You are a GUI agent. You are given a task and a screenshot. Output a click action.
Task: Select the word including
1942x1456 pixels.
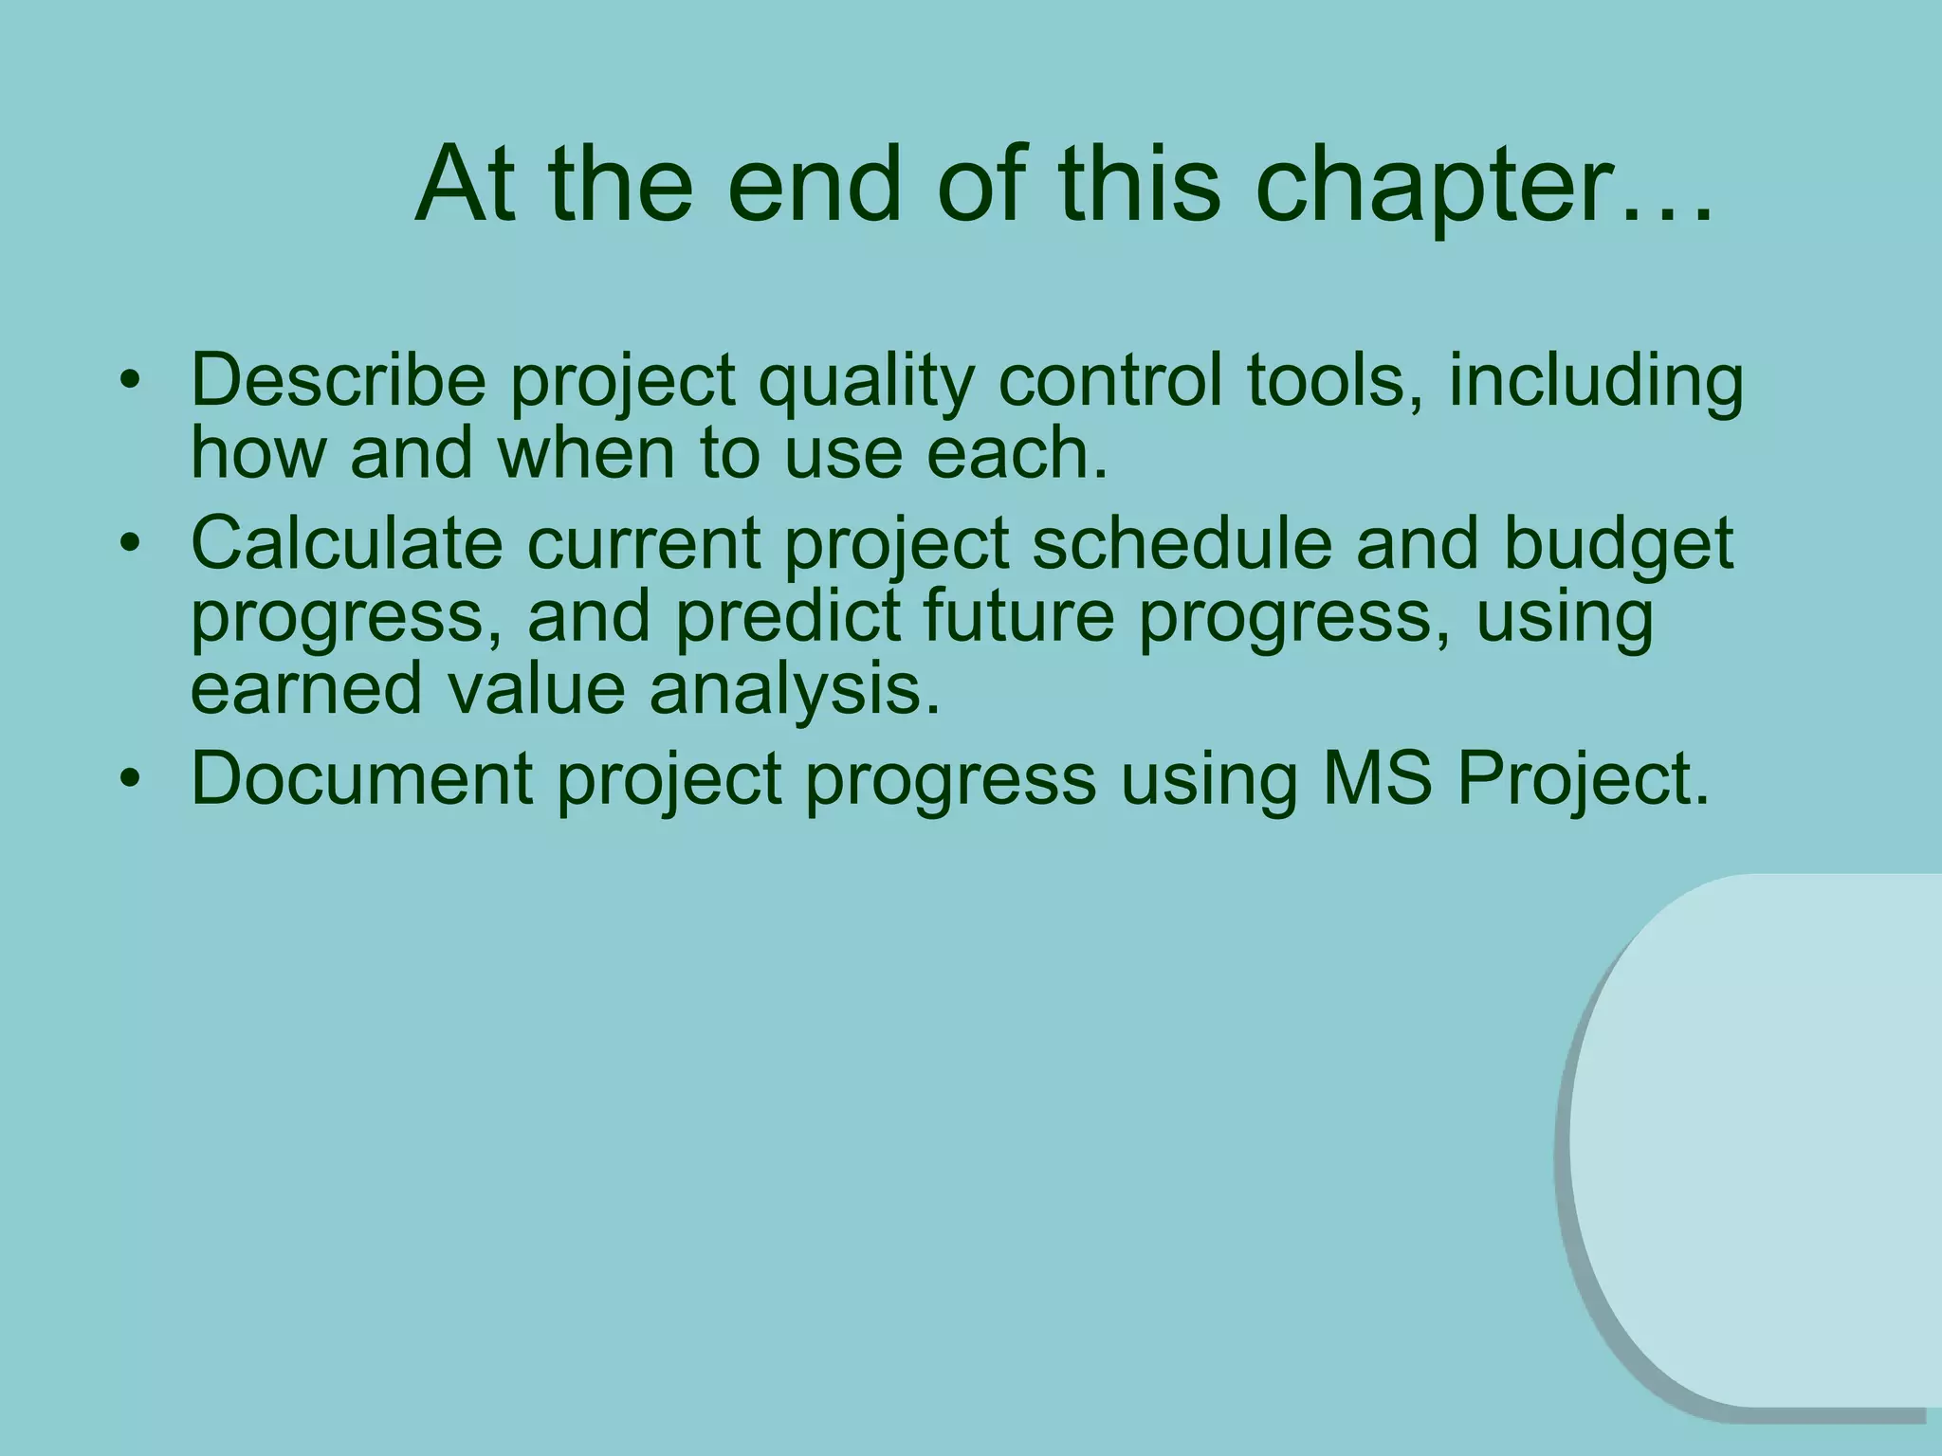1595,381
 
